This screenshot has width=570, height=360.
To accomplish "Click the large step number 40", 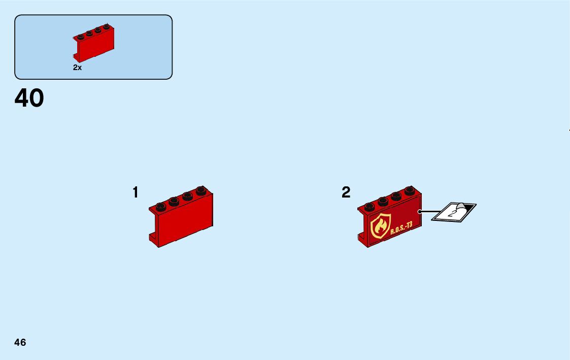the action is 29,99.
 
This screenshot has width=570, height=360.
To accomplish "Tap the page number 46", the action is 20,342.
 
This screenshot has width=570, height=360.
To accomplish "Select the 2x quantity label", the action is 77,67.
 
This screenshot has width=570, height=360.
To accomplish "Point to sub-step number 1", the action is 135,193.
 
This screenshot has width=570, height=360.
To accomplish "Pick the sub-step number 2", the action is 346,193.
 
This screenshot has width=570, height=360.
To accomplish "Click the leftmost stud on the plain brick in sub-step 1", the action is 161,206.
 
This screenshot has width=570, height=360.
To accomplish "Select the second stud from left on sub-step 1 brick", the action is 174,201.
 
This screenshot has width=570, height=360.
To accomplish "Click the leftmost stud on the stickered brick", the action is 370,206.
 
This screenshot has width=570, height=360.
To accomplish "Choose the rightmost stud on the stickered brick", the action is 410,191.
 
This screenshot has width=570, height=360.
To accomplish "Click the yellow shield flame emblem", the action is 381,226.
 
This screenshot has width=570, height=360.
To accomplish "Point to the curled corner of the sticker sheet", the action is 462,207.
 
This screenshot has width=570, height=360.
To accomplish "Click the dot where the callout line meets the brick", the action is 420,211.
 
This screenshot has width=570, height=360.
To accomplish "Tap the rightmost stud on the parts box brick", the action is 107,26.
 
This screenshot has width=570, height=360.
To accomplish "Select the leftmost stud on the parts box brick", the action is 80,37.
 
